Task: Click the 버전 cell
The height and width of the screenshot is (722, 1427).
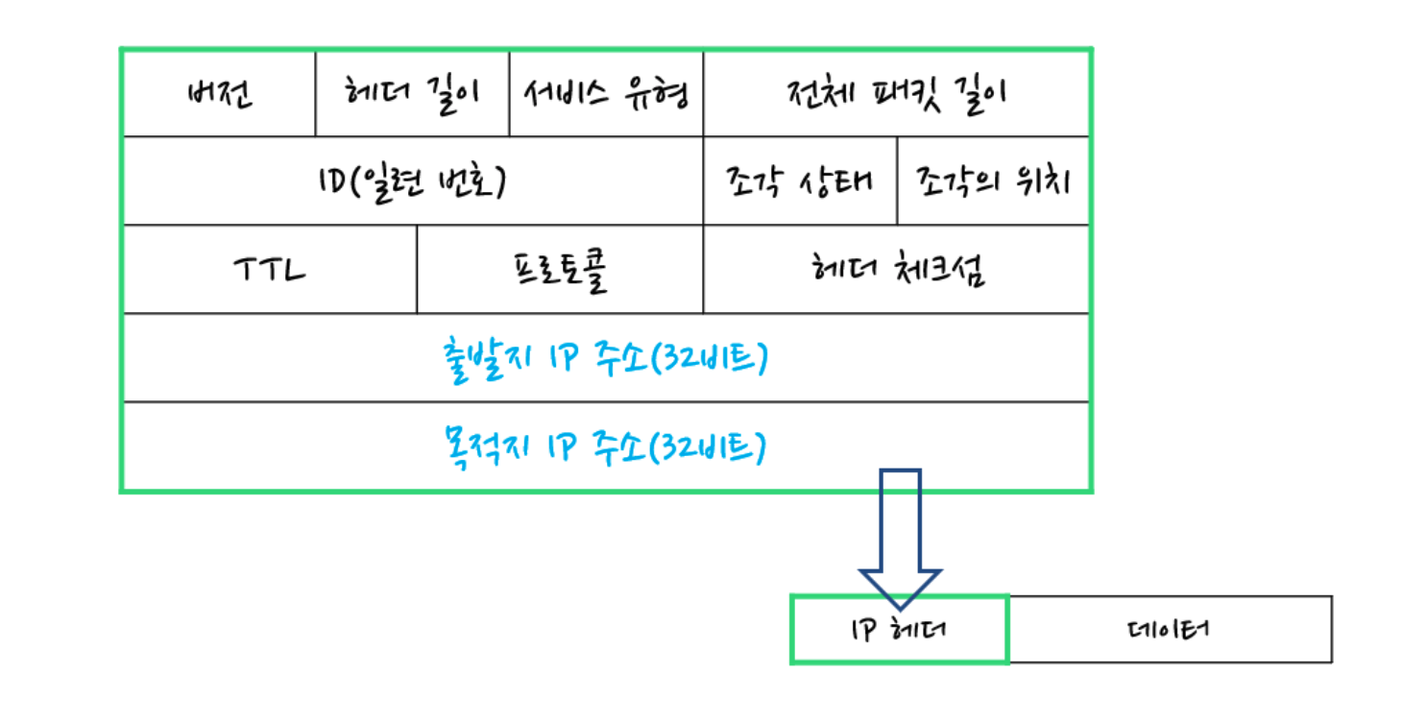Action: point(219,93)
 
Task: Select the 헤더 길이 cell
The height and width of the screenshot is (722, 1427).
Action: point(412,93)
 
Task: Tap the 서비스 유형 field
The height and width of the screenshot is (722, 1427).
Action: point(607,93)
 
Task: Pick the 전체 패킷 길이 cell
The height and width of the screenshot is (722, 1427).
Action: point(896,93)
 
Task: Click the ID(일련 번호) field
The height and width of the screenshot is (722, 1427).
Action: point(413,180)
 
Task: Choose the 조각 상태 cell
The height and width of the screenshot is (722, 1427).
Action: point(800,180)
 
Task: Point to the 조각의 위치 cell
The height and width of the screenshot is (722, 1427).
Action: point(993,180)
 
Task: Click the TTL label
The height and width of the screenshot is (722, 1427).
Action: point(270,270)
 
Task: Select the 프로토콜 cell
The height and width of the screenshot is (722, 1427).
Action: point(560,270)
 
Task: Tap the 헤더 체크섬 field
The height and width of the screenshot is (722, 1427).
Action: point(896,270)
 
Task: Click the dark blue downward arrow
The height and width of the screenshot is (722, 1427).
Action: point(900,539)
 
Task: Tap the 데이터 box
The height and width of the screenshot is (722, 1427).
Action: point(1171,630)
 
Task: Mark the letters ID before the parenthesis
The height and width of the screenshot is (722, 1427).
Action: point(332,180)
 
